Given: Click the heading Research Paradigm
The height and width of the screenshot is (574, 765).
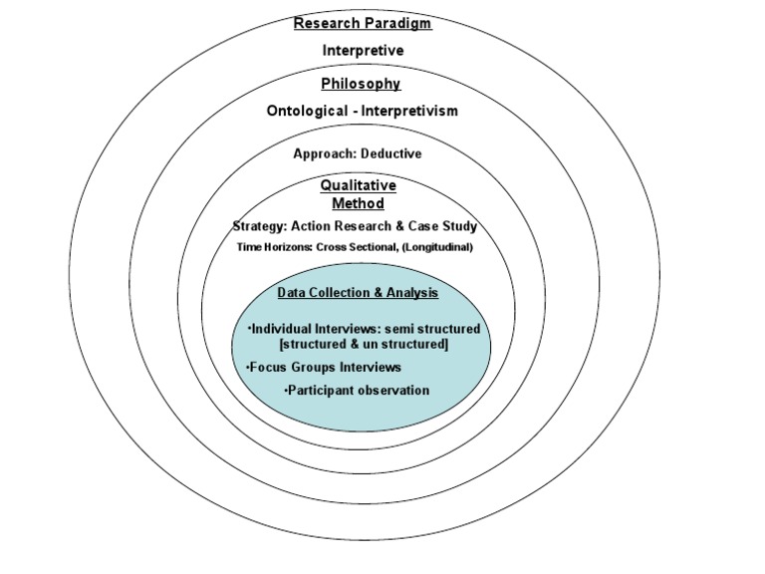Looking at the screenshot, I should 363,22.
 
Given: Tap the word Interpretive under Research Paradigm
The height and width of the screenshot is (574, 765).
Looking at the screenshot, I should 363,50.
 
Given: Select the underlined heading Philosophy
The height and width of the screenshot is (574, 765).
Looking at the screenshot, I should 362,84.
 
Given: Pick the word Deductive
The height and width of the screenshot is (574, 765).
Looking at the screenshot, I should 390,154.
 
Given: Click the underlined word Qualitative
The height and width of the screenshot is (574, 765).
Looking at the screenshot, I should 358,185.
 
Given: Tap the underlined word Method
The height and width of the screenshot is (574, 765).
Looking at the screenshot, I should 358,203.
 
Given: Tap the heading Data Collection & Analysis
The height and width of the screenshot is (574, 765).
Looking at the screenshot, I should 358,293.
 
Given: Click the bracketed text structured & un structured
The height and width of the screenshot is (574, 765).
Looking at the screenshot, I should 365,345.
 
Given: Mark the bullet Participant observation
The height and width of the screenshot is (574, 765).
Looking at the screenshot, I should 357,391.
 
